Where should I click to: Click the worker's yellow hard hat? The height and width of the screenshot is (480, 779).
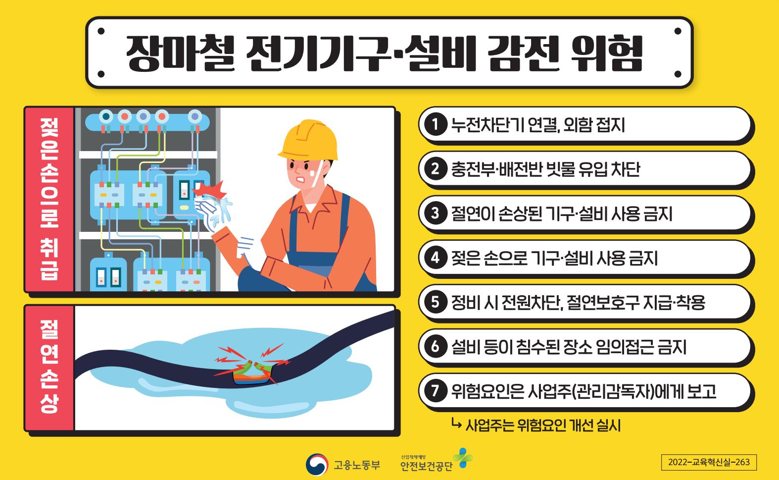click(309, 140)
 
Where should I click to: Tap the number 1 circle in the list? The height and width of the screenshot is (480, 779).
click(436, 124)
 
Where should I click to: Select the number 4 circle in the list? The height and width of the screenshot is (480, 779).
click(436, 258)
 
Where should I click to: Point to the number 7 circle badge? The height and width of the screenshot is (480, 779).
click(436, 391)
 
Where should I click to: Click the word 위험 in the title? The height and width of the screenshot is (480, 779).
click(606, 53)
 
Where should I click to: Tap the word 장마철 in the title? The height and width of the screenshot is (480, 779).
click(180, 53)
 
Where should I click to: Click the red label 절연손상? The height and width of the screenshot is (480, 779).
click(49, 367)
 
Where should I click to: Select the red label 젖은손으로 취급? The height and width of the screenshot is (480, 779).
click(49, 199)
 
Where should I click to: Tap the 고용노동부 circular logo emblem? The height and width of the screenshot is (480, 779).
click(317, 464)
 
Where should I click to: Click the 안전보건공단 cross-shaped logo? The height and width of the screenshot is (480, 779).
click(463, 458)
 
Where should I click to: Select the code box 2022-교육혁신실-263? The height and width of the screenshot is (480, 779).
click(709, 462)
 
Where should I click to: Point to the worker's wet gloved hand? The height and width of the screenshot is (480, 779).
click(212, 211)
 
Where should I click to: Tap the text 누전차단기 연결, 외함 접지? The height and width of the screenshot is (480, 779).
click(538, 125)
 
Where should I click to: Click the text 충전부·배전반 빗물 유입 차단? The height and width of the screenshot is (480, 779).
click(545, 169)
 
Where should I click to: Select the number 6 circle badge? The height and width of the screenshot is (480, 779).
click(436, 347)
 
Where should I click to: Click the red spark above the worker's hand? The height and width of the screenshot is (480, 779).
click(210, 190)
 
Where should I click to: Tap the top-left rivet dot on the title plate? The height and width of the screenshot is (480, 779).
click(101, 31)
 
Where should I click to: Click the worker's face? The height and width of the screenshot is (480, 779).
click(306, 173)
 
